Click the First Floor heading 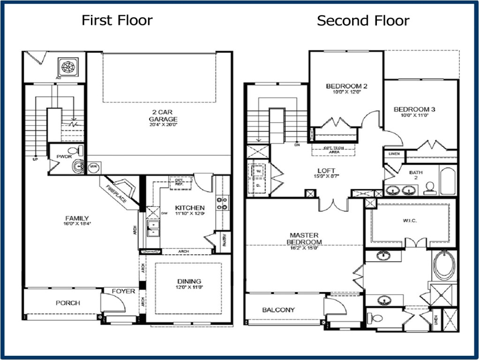[x=117, y=20]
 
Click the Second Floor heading [x=363, y=21]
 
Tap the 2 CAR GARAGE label [x=160, y=116]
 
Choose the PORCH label [x=68, y=303]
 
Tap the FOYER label [x=123, y=291]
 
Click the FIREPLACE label [x=116, y=193]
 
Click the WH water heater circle [x=93, y=166]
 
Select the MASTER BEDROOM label [x=304, y=238]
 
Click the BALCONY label [x=278, y=310]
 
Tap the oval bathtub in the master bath [x=443, y=265]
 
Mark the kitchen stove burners [x=221, y=203]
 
